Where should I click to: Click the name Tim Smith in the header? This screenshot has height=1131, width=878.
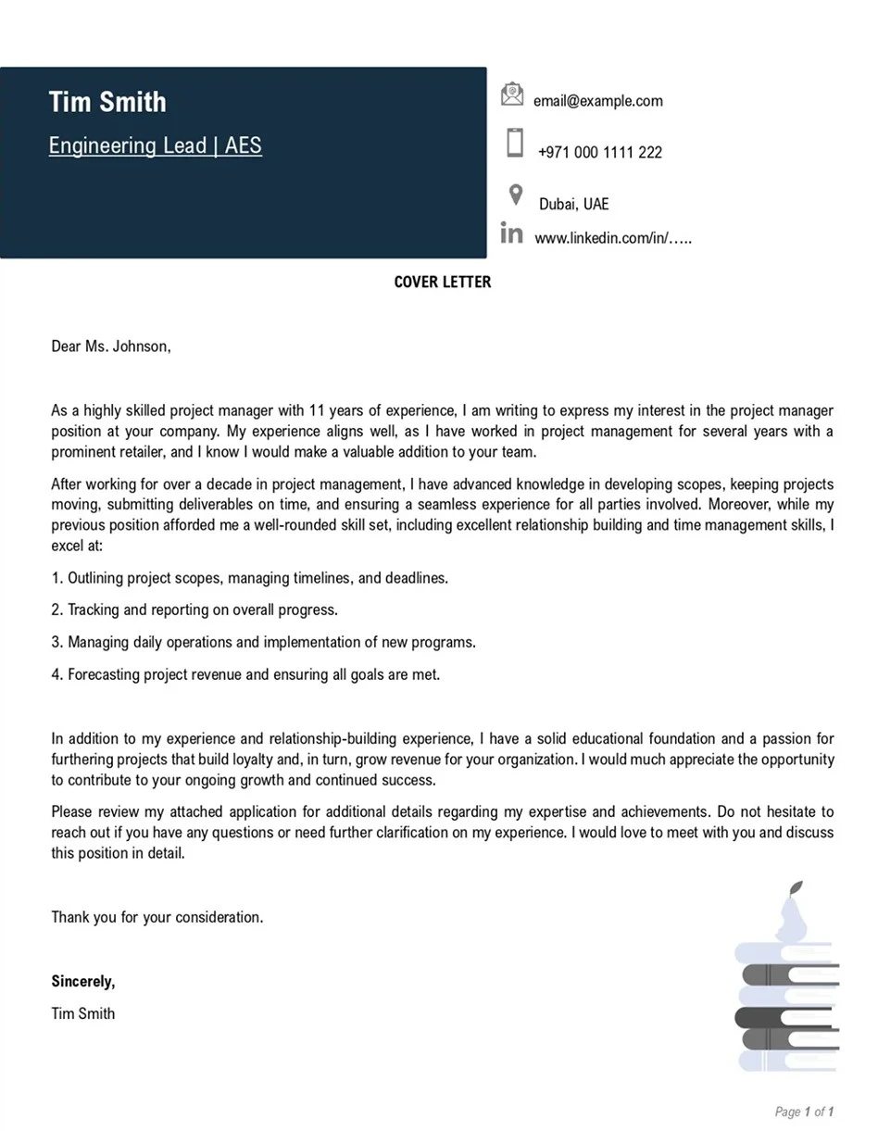point(107,102)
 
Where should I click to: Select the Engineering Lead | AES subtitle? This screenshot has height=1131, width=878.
point(155,145)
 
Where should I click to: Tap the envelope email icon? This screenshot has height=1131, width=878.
point(512,94)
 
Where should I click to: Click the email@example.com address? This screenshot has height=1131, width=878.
point(597,101)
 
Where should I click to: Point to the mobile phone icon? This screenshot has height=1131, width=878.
point(515,143)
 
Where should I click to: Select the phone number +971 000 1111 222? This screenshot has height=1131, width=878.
point(599,153)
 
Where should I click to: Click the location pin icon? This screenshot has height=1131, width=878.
point(516,195)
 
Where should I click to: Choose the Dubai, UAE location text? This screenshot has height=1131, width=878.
point(573,204)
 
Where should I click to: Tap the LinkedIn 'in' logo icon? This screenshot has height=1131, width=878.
point(511,232)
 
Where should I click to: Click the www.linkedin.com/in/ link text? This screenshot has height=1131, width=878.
point(613,238)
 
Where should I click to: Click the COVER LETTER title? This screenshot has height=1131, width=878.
point(443,282)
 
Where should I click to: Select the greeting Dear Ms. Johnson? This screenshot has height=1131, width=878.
point(111,346)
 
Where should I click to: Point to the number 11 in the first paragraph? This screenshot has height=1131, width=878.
point(319,410)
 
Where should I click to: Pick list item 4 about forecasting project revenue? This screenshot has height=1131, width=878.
point(245,674)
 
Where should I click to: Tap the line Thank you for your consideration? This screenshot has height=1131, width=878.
point(157,917)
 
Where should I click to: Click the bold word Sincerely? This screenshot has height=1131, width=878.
point(83,981)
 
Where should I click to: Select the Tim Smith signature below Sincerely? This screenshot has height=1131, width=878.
point(83,1013)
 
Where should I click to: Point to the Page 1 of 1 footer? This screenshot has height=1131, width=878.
point(804,1112)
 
